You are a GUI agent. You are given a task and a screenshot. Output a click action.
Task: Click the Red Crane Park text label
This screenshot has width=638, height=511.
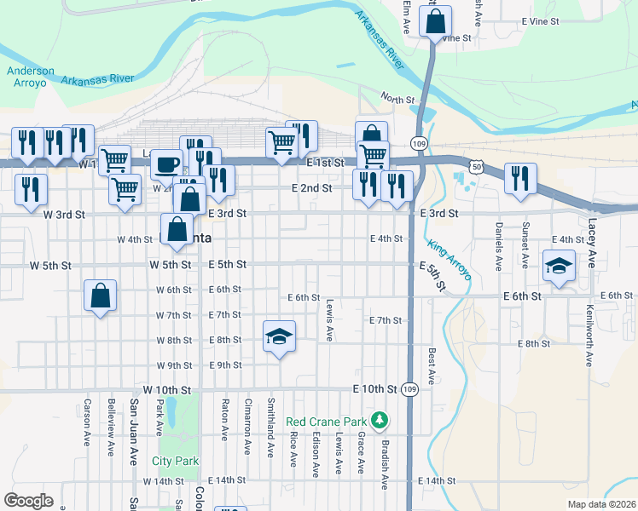326,422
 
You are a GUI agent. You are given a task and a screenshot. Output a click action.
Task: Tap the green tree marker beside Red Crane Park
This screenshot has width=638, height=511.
380,421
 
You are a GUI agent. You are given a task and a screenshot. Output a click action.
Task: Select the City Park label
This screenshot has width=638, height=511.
175,461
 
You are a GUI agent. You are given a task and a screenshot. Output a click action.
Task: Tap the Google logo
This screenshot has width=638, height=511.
28,500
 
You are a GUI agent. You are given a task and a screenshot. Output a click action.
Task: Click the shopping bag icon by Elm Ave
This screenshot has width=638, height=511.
435,23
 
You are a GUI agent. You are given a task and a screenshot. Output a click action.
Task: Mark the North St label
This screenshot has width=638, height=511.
397,99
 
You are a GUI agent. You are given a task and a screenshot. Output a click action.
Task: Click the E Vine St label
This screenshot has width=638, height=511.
540,20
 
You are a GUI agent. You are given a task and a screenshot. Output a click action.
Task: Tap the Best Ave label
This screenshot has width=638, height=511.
432,365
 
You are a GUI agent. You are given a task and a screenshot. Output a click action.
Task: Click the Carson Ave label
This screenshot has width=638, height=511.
87,423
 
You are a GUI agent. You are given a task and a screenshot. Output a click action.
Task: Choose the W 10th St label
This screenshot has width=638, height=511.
173,389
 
